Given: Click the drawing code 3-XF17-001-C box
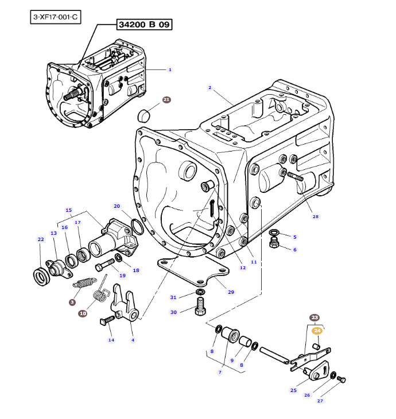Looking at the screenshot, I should (x=55, y=17).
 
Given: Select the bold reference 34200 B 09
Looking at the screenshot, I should (x=145, y=25).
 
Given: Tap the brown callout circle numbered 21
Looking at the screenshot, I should (x=166, y=100).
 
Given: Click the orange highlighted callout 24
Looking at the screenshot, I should (x=317, y=330).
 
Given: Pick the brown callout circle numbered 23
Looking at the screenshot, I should (x=314, y=317).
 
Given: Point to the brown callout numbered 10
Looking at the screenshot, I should (x=83, y=313).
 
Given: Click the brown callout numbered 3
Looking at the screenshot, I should (x=72, y=302).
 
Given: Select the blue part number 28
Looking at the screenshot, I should (x=315, y=216).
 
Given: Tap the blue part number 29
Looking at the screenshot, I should (x=231, y=292).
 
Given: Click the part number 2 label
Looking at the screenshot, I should (x=210, y=88).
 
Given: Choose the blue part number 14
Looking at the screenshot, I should (x=111, y=340).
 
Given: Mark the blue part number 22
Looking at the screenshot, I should (x=40, y=239).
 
